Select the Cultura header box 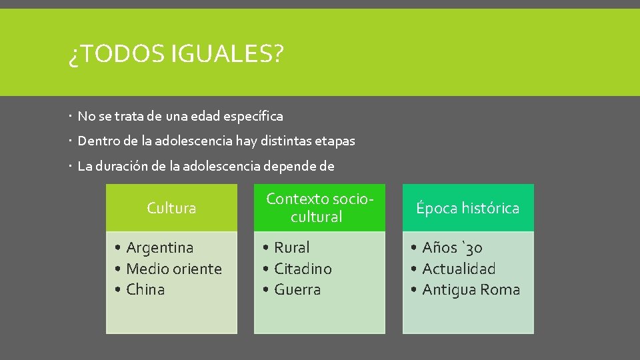171,208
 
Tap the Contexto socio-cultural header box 319,208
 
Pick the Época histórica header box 468,208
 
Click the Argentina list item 159,247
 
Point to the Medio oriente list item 173,269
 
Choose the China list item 145,289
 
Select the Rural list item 292,247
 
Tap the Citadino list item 303,269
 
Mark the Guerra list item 297,289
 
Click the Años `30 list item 452,247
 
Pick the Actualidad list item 459,269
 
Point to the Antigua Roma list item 471,289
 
